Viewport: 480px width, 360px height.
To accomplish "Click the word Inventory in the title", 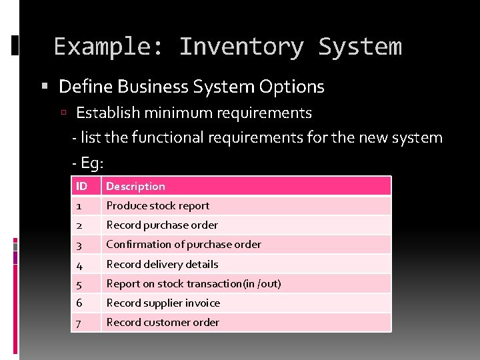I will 241,47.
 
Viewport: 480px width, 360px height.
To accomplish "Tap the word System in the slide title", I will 360,47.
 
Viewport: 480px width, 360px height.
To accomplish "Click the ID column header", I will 82,187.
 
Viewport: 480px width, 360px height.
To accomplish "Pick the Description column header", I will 135,187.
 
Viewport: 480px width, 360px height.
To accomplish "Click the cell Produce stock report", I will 157,206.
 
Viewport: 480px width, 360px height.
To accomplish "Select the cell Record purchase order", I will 162,225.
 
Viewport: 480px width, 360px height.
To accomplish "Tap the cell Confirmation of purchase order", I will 183,245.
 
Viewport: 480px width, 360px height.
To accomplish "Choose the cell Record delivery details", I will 162,264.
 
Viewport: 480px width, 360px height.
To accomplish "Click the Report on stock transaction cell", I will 193,283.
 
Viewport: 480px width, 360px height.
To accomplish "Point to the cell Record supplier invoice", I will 163,303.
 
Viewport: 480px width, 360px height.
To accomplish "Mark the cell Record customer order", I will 163,322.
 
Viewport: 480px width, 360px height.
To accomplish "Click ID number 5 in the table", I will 79,284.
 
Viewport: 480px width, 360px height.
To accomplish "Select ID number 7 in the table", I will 79,323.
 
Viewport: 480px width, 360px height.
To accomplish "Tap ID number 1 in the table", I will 79,206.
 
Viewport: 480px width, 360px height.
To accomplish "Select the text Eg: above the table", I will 92,163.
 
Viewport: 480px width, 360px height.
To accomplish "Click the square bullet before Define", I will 45,87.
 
